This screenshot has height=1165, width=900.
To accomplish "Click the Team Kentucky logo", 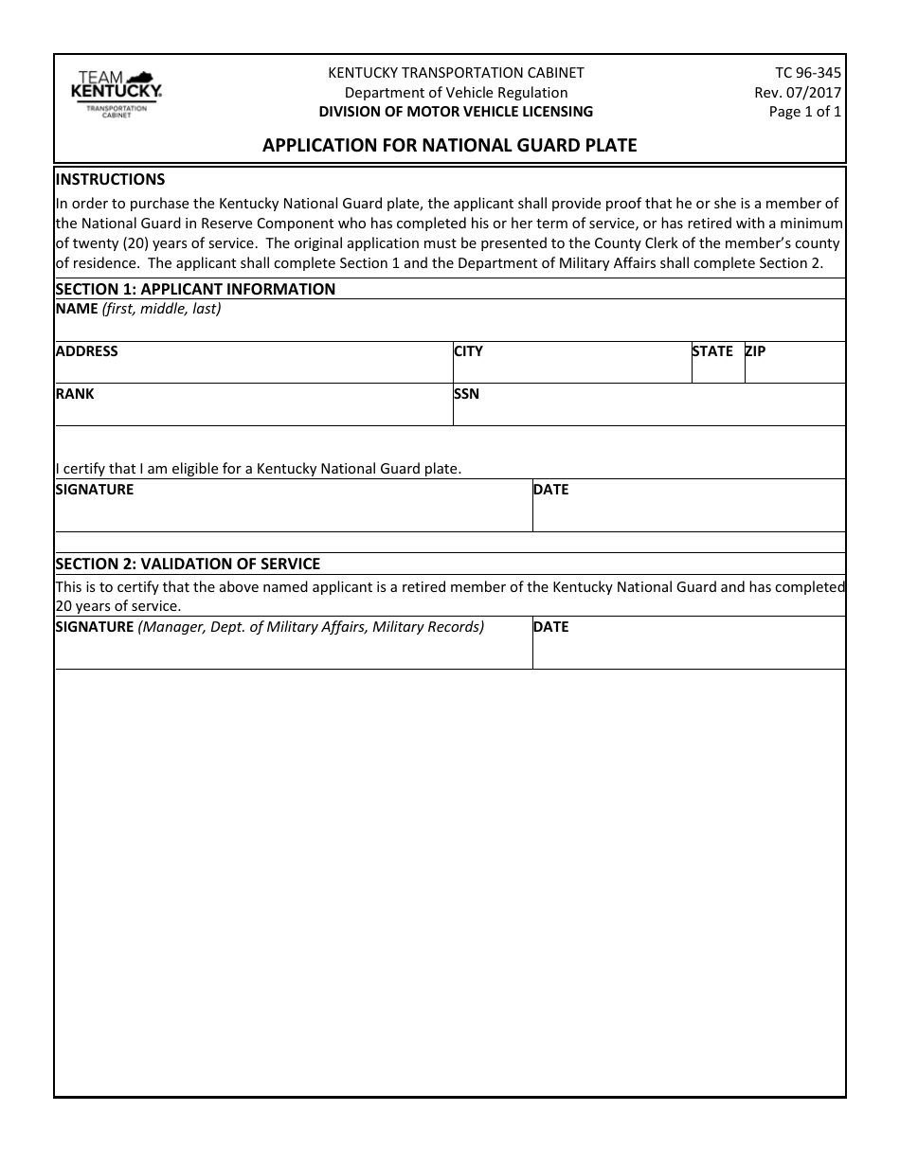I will click(x=116, y=94).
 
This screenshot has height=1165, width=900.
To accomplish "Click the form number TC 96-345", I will click(x=807, y=73).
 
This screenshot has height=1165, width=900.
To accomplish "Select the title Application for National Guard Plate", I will click(x=449, y=146).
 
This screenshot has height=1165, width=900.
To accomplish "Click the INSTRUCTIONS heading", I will click(x=110, y=179).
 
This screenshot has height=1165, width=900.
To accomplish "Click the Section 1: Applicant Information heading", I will click(x=195, y=289).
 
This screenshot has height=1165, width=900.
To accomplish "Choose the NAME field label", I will click(x=77, y=309).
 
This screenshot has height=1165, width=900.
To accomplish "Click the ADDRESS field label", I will click(x=87, y=351).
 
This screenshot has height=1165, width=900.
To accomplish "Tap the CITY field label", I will click(x=468, y=351).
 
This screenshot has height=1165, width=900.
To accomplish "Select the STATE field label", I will click(x=712, y=351).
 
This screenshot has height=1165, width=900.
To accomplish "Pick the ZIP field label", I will click(x=755, y=351).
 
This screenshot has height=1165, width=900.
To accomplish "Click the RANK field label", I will click(x=75, y=394).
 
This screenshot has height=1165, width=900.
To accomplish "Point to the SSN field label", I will click(x=466, y=394).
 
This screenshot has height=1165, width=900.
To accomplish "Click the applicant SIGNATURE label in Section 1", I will click(x=95, y=490).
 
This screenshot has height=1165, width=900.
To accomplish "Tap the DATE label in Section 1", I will click(x=550, y=490).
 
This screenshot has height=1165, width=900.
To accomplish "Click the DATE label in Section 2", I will click(x=550, y=627).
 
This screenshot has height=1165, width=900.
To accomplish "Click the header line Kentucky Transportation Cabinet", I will click(x=456, y=73).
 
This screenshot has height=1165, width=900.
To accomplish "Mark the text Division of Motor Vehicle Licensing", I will click(x=456, y=111).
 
